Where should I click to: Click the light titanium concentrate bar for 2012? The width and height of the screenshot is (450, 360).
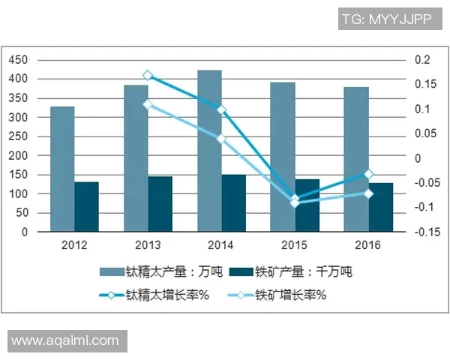pos(62,169)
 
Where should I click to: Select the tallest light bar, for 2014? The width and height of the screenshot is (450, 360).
pos(209,151)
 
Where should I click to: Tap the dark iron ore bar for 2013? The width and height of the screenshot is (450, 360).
pos(160,204)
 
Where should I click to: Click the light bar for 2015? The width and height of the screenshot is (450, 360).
pos(283,157)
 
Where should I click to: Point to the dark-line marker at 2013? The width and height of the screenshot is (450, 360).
pos(148,75)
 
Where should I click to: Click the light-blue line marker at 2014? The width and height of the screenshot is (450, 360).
pos(221,139)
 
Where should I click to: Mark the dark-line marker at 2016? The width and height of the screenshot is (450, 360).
pos(368,174)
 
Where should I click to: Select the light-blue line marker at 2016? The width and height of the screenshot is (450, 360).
pos(368,193)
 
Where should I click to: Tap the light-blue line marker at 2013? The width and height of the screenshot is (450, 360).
pos(148,104)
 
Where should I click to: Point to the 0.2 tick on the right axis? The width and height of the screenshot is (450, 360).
pos(421,60)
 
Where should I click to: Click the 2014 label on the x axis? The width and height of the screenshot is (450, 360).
pos(221,246)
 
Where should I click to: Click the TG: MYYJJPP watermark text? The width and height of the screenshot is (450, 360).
pos(386,19)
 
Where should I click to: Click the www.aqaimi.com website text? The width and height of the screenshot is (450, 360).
pos(65,340)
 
